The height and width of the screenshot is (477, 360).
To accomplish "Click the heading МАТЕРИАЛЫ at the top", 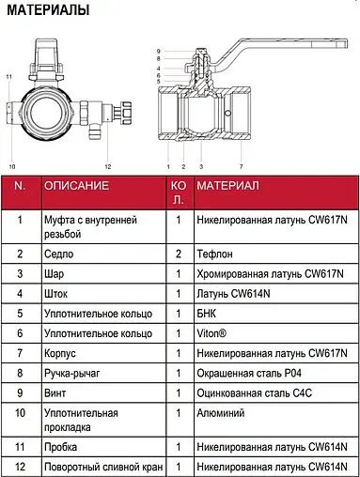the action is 48,10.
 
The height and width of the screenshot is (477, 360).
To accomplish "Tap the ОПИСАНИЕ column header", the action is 76,186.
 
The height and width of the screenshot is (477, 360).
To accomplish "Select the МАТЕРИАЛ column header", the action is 227,186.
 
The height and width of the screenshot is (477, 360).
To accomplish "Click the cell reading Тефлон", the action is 214,254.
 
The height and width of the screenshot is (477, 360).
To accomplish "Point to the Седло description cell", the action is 58,254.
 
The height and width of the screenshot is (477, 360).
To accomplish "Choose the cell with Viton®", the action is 211,333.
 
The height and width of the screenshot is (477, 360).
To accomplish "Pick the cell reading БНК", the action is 206,314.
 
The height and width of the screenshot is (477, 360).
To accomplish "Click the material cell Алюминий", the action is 221,413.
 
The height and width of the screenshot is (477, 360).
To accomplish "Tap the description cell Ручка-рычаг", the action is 72,373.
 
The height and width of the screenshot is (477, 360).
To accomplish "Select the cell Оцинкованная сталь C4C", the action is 255,393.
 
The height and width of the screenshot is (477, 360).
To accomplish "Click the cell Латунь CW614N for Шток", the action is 233,294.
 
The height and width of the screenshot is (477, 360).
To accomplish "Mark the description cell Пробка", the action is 60,447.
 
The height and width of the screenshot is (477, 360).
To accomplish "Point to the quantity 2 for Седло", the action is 179,254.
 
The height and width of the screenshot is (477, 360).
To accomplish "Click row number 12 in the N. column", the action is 20,467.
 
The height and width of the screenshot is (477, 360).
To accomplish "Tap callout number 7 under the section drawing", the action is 242,166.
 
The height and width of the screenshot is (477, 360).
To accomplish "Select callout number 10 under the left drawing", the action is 12,166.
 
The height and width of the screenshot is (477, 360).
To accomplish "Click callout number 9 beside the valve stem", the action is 159,52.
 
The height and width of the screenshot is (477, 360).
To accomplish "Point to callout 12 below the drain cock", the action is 108,166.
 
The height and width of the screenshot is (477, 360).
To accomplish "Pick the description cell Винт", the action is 55,393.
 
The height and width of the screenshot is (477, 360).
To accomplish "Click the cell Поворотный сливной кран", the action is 103,467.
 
